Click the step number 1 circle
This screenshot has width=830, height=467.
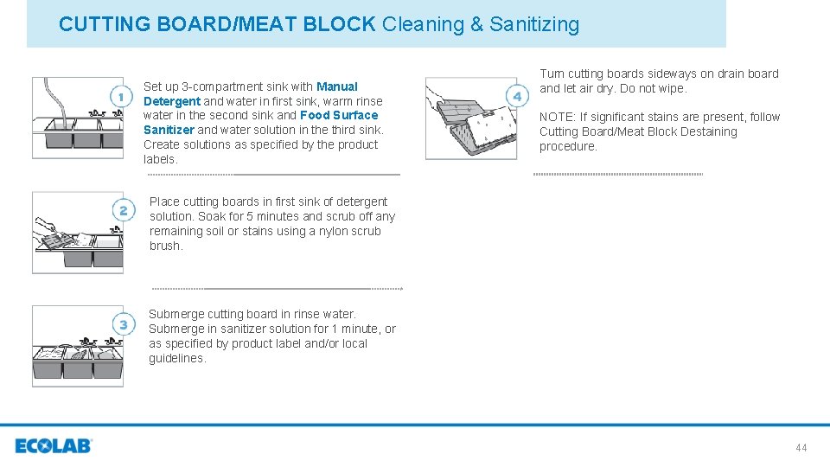(123, 95)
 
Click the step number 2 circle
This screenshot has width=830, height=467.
(123, 210)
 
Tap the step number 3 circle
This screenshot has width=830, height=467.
(123, 324)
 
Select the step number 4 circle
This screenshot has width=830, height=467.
(517, 95)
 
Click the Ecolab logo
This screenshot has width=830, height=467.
(53, 446)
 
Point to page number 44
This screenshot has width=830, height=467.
(801, 447)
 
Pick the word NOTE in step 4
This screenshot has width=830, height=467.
(556, 117)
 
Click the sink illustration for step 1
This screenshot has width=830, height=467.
(66, 118)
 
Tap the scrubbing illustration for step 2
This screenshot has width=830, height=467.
(66, 232)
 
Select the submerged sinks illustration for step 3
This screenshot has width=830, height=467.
(66, 345)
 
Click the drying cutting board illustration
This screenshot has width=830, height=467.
(460, 118)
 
